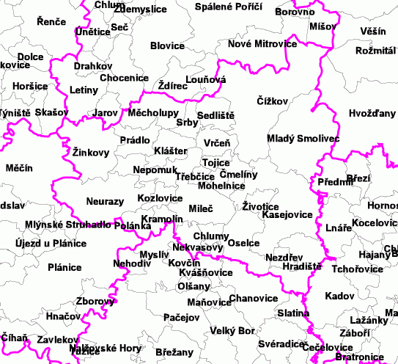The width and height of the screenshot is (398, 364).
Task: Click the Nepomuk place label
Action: click(153, 170)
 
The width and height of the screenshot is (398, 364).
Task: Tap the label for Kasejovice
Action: click(287, 216)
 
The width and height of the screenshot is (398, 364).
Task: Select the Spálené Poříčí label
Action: click(229, 7)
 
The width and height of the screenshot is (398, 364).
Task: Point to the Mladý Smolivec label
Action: click(292, 138)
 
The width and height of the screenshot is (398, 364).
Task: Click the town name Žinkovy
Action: click(91, 153)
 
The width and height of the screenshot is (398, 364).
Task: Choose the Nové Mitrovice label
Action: click(262, 44)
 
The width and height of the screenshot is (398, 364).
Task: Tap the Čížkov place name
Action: click(273, 101)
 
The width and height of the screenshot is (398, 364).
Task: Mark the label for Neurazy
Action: click(105, 201)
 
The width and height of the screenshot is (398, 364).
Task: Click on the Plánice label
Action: click(65, 268)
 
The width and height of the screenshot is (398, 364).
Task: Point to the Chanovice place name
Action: click(254, 299)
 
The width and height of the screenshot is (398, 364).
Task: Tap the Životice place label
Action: click(260, 207)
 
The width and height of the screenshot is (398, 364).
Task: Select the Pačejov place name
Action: click(181, 318)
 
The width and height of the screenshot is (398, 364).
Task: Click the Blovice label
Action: click(167, 45)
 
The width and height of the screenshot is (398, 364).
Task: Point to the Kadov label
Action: click(339, 296)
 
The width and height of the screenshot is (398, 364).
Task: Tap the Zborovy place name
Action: click(95, 301)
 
